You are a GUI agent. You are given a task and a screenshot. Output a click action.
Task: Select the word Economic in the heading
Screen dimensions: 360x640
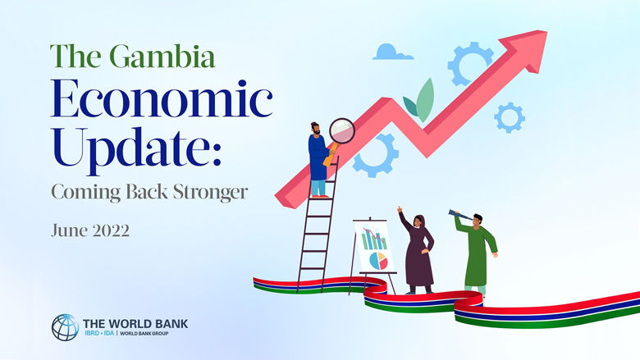pyautogui.click(x=161, y=100)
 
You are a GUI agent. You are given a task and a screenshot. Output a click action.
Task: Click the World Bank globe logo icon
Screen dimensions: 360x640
pyautogui.click(x=65, y=327)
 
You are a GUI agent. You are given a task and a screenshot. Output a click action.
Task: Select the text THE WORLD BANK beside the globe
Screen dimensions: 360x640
pyautogui.click(x=135, y=323)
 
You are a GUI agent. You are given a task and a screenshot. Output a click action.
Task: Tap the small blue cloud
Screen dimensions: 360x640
pyautogui.click(x=392, y=52)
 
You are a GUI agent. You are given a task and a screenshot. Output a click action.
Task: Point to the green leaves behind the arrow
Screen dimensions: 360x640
pyautogui.click(x=419, y=101)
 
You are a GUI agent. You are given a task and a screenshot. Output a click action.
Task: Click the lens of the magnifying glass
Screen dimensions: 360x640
pyautogui.click(x=341, y=130)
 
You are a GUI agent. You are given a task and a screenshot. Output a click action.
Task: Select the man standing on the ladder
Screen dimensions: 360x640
pyautogui.click(x=318, y=160)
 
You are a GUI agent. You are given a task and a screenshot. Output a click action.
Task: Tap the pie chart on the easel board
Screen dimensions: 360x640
pyautogui.click(x=378, y=260)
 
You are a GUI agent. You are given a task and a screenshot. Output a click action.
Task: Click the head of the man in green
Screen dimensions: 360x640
pyautogui.click(x=478, y=220)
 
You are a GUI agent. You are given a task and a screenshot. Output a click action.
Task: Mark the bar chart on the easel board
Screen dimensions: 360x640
pyautogui.click(x=373, y=239)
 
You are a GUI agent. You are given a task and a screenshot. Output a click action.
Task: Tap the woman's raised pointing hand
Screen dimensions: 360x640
pyautogui.click(x=400, y=211)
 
